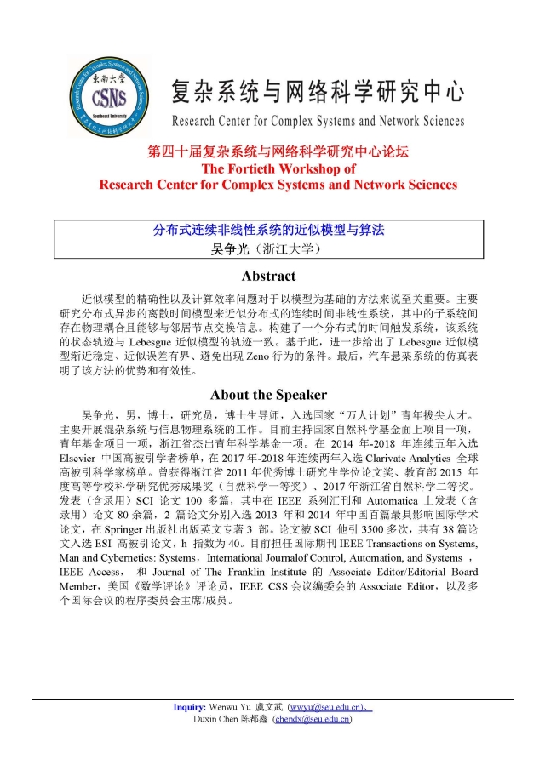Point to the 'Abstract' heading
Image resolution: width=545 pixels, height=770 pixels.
point(268,277)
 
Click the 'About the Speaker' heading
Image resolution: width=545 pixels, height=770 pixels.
point(268,395)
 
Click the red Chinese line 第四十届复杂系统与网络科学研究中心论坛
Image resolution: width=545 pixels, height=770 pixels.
point(278,152)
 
